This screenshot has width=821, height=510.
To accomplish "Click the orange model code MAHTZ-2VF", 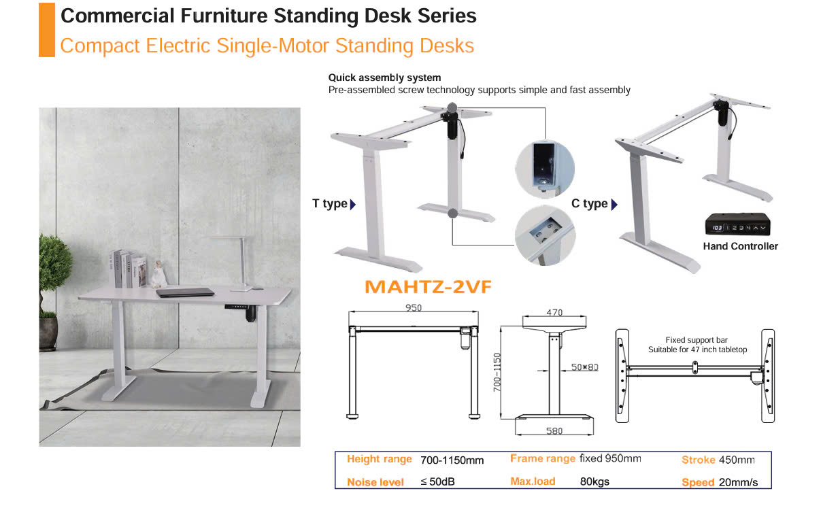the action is pyautogui.click(x=428, y=287).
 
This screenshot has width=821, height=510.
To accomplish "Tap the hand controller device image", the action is pyautogui.click(x=737, y=224).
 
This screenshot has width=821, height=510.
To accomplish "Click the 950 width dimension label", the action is pyautogui.click(x=414, y=308).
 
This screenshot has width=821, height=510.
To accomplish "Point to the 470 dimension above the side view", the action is pyautogui.click(x=554, y=313).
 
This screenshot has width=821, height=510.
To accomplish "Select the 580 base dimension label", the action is pyautogui.click(x=554, y=431).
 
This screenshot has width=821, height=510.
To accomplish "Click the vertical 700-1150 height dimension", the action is pyautogui.click(x=497, y=372).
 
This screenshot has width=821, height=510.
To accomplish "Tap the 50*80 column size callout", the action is pyautogui.click(x=584, y=367).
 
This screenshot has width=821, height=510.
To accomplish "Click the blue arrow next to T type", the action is pyautogui.click(x=352, y=204).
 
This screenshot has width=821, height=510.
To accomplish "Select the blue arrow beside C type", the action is pyautogui.click(x=614, y=204).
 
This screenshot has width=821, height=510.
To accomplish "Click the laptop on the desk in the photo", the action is pyautogui.click(x=185, y=292).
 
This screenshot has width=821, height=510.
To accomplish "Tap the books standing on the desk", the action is pyautogui.click(x=128, y=269).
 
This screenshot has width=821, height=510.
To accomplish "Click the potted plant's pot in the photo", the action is pyautogui.click(x=48, y=334).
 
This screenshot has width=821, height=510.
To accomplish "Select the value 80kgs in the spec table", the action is pyautogui.click(x=594, y=481).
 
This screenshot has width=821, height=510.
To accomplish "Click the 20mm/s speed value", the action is pyautogui.click(x=738, y=482).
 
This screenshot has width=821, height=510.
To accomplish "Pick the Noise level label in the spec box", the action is pyautogui.click(x=375, y=482).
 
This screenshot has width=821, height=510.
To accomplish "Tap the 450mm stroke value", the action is pyautogui.click(x=737, y=460).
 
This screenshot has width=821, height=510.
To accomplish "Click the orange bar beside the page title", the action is pyautogui.click(x=47, y=30).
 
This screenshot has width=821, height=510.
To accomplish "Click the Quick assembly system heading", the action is pyautogui.click(x=384, y=78).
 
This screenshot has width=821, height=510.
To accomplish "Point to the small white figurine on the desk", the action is pyautogui.click(x=158, y=275).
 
